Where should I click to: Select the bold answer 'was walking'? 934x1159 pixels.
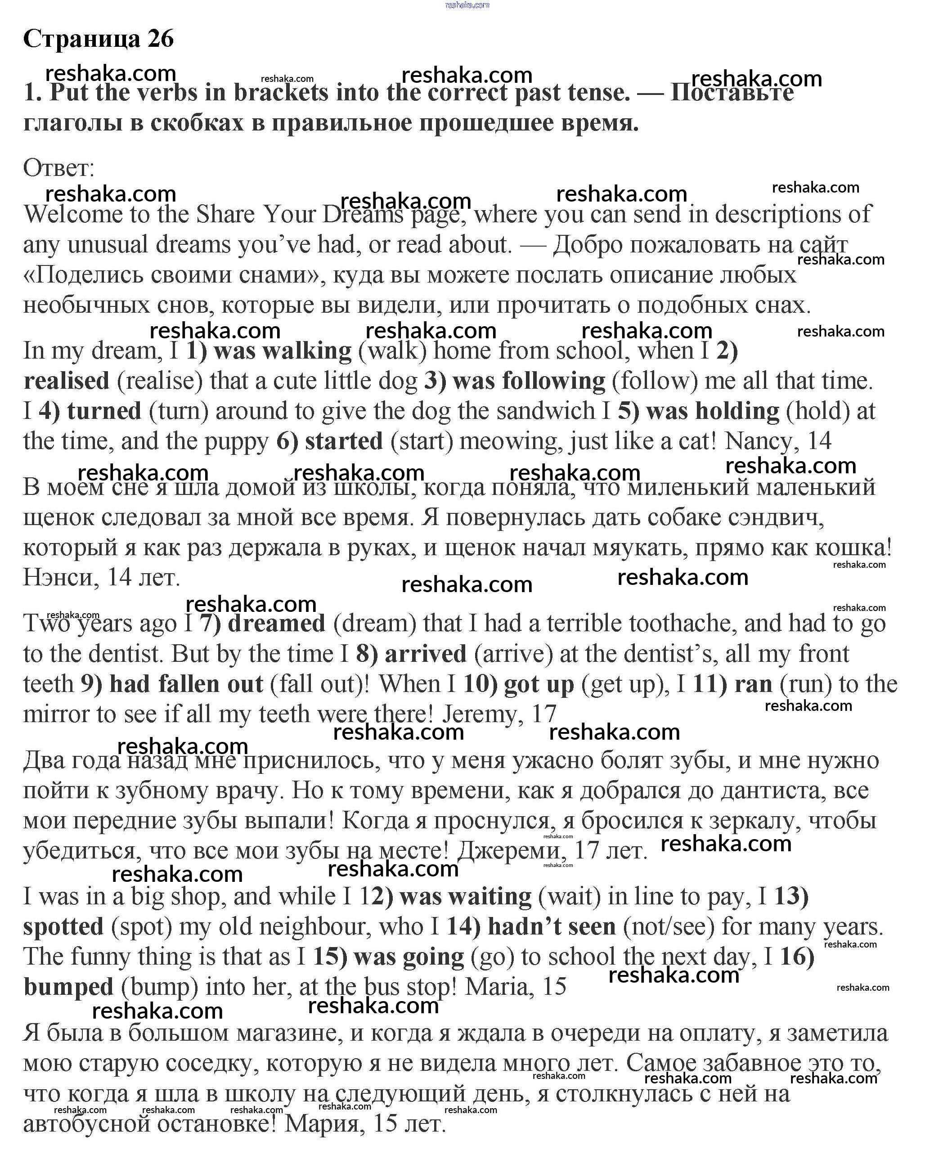pos(283,351)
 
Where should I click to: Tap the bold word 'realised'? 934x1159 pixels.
pos(67,381)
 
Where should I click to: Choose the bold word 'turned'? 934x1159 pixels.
pos(104,411)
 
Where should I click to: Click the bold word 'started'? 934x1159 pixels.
pos(344,441)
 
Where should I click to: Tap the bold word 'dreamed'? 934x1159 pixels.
pos(277,624)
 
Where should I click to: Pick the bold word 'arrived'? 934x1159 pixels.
pos(426,654)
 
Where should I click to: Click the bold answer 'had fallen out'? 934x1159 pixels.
pos(186,684)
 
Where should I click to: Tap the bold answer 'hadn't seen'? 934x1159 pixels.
pos(552,926)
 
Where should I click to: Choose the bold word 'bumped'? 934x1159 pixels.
pos(68,987)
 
